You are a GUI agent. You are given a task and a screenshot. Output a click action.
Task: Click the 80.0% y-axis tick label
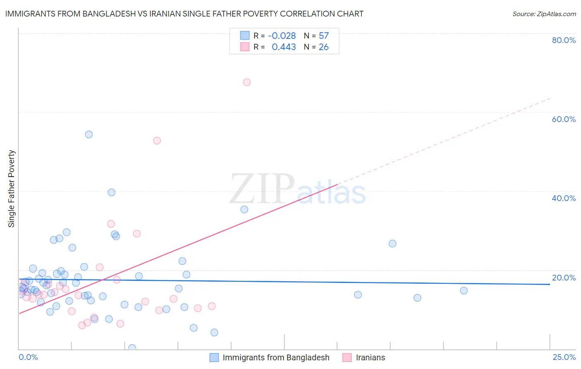564,40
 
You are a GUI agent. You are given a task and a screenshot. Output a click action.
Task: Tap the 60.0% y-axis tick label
564,119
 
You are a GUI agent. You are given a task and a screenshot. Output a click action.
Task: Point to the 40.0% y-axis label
564,198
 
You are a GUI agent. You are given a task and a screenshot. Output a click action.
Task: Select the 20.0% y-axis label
564,278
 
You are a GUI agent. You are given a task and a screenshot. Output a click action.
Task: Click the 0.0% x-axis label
28,357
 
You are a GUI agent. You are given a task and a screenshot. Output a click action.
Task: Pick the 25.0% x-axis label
564,357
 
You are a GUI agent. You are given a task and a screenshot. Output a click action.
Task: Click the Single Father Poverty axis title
12,189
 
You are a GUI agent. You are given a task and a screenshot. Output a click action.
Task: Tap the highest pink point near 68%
247,82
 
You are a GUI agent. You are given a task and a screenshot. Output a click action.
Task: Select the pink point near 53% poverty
157,141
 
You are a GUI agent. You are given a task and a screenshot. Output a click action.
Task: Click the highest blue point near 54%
89,134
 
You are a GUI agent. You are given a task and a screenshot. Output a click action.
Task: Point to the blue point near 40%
112,192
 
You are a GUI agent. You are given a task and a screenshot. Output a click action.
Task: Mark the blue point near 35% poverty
244,209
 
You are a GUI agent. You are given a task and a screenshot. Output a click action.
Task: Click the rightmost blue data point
464,291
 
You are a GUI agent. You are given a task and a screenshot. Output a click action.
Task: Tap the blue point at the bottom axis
132,348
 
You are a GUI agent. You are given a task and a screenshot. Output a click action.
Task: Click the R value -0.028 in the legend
282,36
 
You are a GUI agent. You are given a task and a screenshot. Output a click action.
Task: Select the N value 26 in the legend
324,47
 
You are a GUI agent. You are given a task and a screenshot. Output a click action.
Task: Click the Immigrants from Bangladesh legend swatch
214,357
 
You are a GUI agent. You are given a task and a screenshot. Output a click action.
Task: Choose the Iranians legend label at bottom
370,357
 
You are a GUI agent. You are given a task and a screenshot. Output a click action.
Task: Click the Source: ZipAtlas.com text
544,14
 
